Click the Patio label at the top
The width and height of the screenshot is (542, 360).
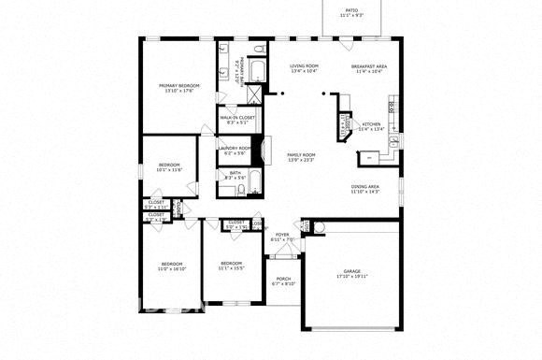[x=350, y=11]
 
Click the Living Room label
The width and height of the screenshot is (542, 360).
[x=305, y=66]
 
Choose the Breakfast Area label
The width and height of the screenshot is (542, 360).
[x=370, y=67]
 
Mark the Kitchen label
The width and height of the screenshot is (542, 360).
[x=371, y=124]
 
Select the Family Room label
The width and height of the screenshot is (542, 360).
[x=301, y=154]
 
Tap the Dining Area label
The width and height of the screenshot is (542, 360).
[x=365, y=187]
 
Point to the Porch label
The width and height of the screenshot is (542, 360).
[x=283, y=279]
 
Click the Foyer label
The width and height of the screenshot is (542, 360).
[x=282, y=235]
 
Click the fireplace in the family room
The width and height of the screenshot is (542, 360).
[x=269, y=151]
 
